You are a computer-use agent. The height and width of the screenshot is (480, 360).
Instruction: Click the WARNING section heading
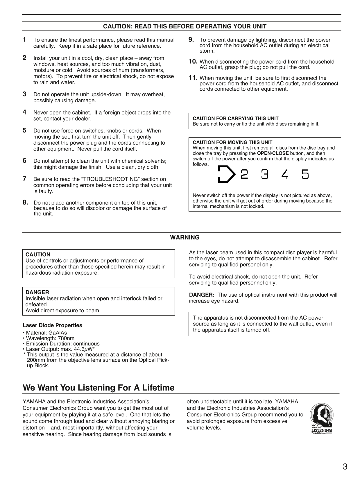185,237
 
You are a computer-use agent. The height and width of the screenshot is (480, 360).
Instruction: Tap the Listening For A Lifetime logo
321,418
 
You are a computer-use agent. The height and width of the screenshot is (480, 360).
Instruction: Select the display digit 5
305,174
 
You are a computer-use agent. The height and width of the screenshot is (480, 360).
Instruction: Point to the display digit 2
245,174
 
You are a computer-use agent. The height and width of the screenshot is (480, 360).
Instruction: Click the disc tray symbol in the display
226,174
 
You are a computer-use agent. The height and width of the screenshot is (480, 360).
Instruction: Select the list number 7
25,179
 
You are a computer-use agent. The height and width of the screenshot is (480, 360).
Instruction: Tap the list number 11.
193,78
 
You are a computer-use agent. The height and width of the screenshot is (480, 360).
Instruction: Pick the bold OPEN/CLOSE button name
273,153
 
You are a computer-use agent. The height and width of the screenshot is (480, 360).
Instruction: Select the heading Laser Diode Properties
52,325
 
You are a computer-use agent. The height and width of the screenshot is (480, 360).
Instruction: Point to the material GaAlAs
58,333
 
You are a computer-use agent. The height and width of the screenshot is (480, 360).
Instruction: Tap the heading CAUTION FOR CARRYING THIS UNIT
236,119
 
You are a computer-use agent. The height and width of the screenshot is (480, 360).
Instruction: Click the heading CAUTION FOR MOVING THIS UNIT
232,142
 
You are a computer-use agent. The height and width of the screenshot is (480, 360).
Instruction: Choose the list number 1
25,39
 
